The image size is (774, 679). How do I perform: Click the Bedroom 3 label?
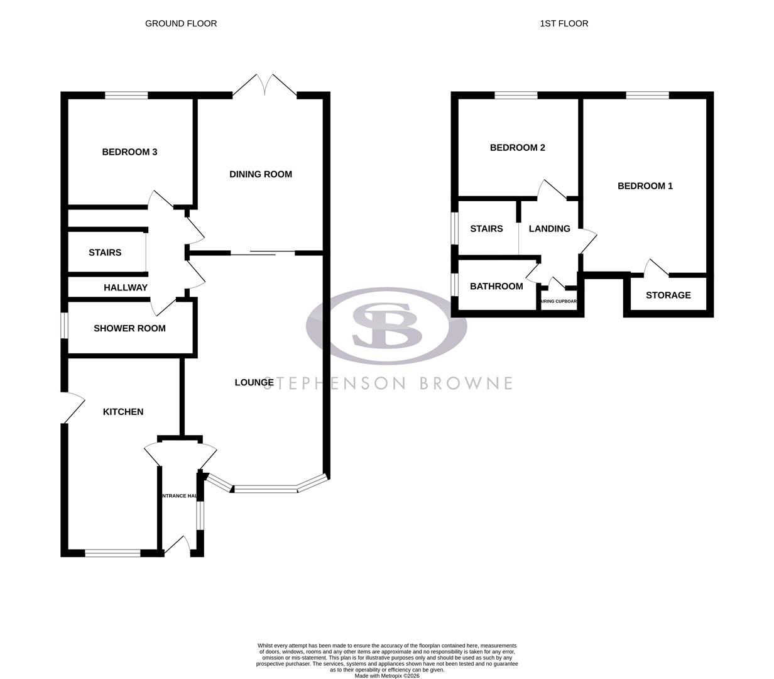pos(129,152)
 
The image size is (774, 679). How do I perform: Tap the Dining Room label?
pos(260,174)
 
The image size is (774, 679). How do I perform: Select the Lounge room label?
pos(254,382)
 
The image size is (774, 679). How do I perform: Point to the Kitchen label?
pos(123,412)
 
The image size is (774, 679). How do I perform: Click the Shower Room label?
pos(129,328)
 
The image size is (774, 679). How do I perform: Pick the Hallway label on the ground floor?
pos(126,287)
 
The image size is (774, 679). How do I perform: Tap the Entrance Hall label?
pos(180,496)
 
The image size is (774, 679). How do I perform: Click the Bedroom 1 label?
pos(645,186)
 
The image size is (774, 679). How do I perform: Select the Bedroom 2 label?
pos(517,148)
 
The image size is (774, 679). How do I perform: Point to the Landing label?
pos(549,229)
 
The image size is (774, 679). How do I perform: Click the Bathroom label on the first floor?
pos(496,287)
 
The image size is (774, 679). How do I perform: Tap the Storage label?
pos(668,295)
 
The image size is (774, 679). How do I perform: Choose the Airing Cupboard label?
pos(559,302)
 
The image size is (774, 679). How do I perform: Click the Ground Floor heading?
pos(181,24)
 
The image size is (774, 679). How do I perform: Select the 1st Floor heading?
pos(564,24)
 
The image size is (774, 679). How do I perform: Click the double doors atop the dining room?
pos(264,87)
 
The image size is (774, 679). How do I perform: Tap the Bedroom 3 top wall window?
pos(126,96)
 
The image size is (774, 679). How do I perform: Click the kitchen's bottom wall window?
pos(113,553)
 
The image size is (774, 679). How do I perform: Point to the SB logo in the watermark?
pos(386,326)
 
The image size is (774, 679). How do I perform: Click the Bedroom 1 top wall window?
pos(647,96)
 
